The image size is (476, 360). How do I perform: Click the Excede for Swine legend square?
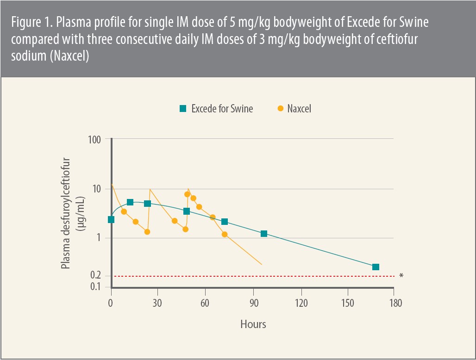point(183,109)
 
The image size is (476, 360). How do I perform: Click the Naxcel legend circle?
point(280,109)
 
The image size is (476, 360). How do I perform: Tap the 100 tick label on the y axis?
point(95,139)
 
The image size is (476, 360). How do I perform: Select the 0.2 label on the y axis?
point(95,276)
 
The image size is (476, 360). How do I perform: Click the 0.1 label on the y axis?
point(95,287)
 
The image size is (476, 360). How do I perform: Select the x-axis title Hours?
point(253,324)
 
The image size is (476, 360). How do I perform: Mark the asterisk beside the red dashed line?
point(401,276)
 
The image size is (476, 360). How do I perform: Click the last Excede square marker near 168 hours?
point(376,267)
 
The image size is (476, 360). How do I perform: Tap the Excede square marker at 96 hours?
point(264,234)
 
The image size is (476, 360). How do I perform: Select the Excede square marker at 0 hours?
point(111,219)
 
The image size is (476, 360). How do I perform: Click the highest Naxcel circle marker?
point(187,194)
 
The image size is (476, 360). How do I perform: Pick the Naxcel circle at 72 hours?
point(225,234)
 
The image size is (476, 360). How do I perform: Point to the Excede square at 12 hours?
point(130,202)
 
